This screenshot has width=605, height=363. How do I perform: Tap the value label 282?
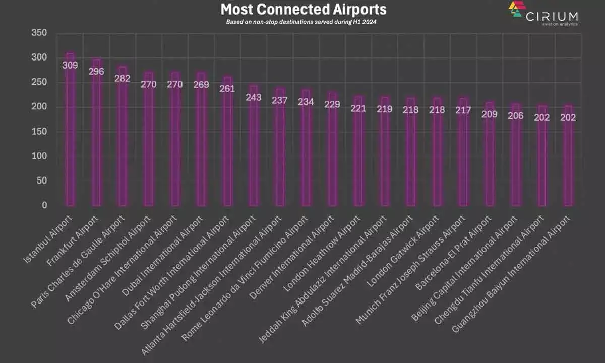point(123,78)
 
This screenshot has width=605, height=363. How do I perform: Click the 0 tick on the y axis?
point(44,206)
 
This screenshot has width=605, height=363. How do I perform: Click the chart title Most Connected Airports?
point(304,10)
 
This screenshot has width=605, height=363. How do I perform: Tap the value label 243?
point(254,97)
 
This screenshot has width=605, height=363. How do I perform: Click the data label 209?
point(490,114)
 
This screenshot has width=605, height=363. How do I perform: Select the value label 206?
point(516,116)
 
